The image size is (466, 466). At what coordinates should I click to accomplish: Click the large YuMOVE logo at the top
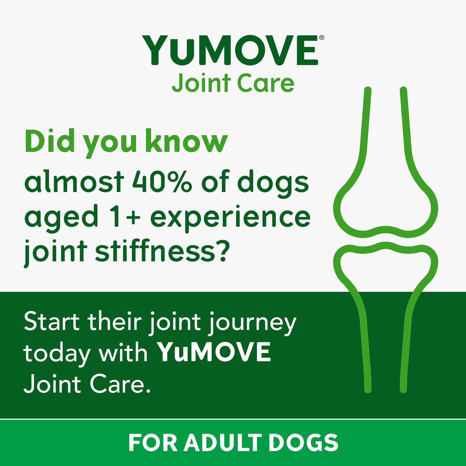230,50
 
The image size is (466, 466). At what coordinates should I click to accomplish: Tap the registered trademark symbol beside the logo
322,38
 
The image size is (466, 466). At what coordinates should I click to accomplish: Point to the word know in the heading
186,141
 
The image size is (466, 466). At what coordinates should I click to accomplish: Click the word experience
230,217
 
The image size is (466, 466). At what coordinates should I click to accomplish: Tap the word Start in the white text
52,322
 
